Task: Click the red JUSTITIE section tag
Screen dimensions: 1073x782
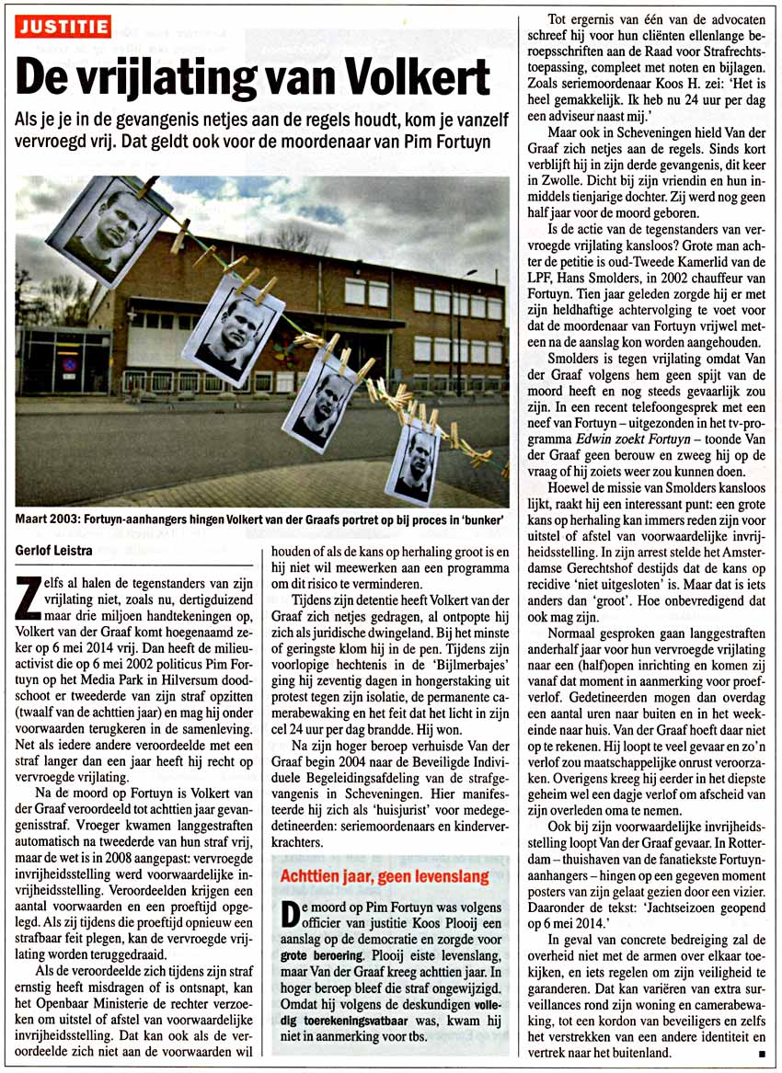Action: click(62, 27)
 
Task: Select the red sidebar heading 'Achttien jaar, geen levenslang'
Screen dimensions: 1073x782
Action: click(385, 877)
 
